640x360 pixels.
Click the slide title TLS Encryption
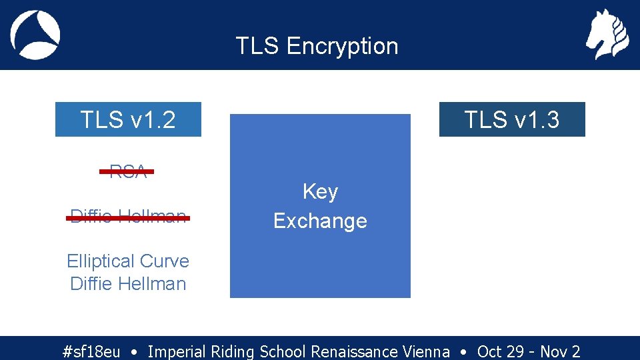pos(317,46)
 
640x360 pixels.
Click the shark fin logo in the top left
pos(35,35)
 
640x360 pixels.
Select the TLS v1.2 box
pos(128,119)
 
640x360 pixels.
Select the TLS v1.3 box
pos(511,119)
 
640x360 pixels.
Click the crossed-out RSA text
pos(127,171)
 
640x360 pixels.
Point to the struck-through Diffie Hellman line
pos(129,217)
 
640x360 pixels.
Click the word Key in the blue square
pos(320,192)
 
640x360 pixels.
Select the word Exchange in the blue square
pos(320,221)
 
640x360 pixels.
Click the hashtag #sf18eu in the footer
pos(91,351)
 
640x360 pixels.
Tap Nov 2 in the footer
pos(560,351)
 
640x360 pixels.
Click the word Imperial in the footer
pos(177,351)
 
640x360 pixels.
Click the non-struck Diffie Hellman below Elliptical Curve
pos(128,284)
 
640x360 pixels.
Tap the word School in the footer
pos(283,351)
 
